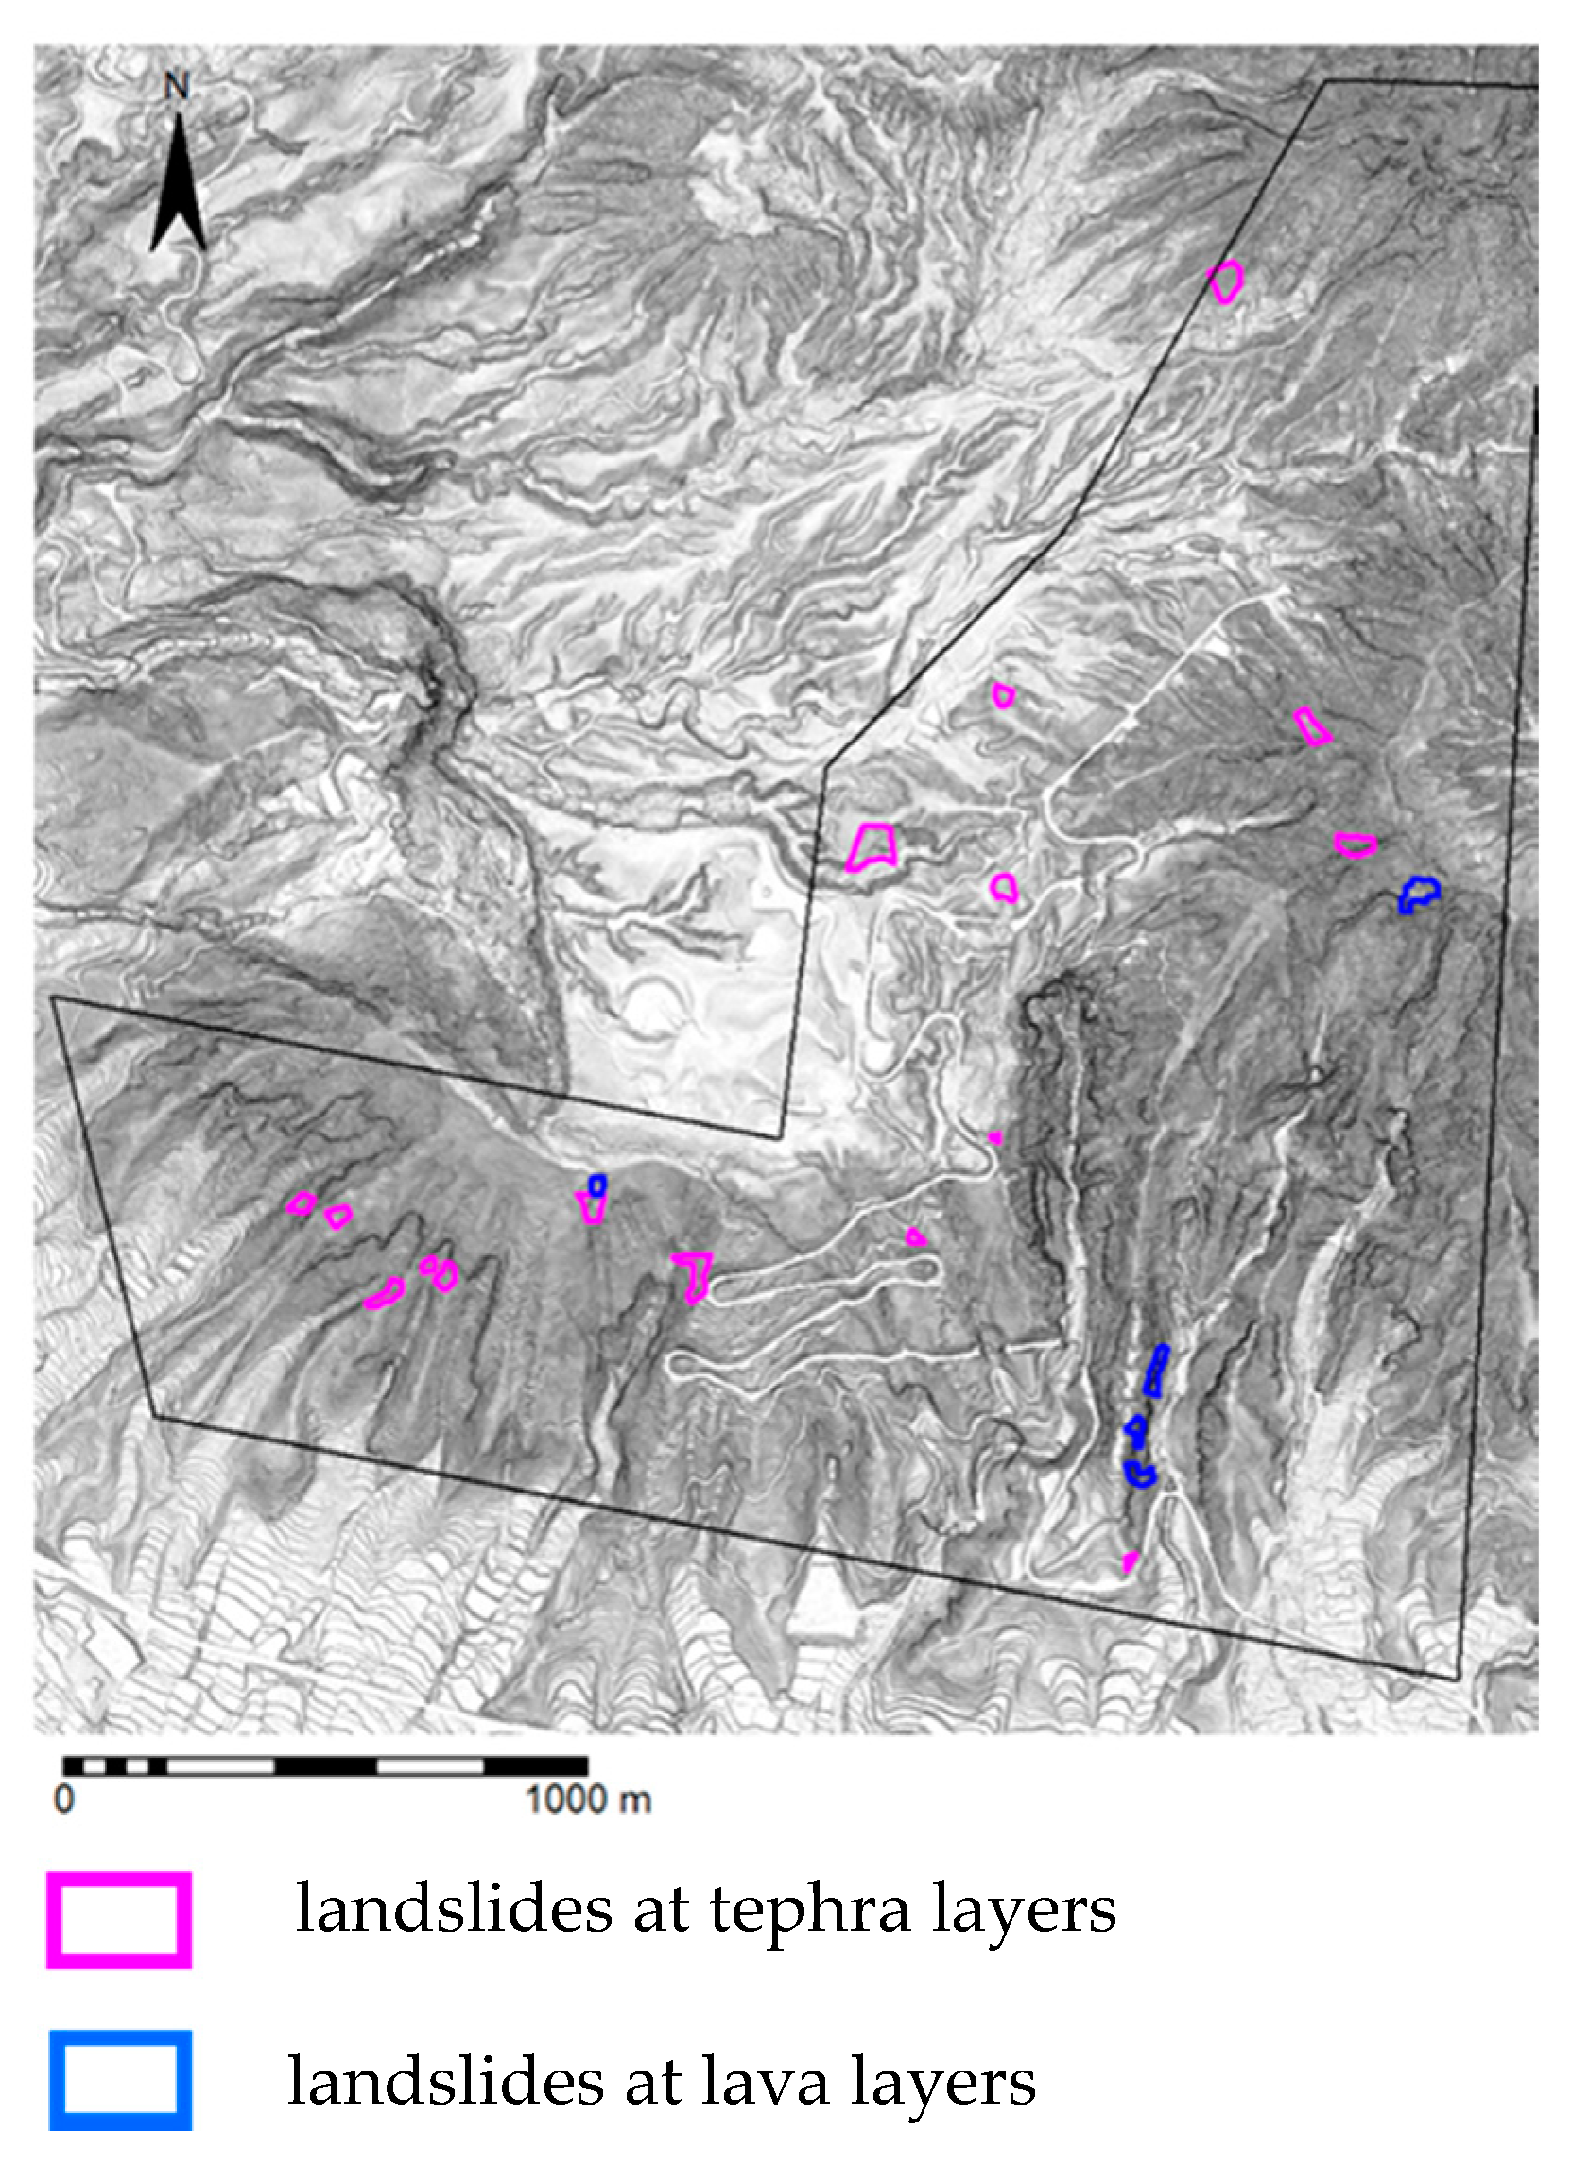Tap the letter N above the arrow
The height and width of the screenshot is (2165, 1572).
[177, 87]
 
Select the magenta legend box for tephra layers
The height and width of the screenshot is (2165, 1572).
[119, 1920]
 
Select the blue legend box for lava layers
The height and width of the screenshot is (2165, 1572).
[119, 2080]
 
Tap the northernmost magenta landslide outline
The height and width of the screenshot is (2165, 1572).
[1225, 281]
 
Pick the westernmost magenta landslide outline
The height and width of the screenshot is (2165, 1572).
[301, 1202]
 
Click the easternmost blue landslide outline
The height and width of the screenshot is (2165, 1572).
[1419, 895]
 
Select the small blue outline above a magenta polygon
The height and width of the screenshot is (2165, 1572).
[596, 1185]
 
